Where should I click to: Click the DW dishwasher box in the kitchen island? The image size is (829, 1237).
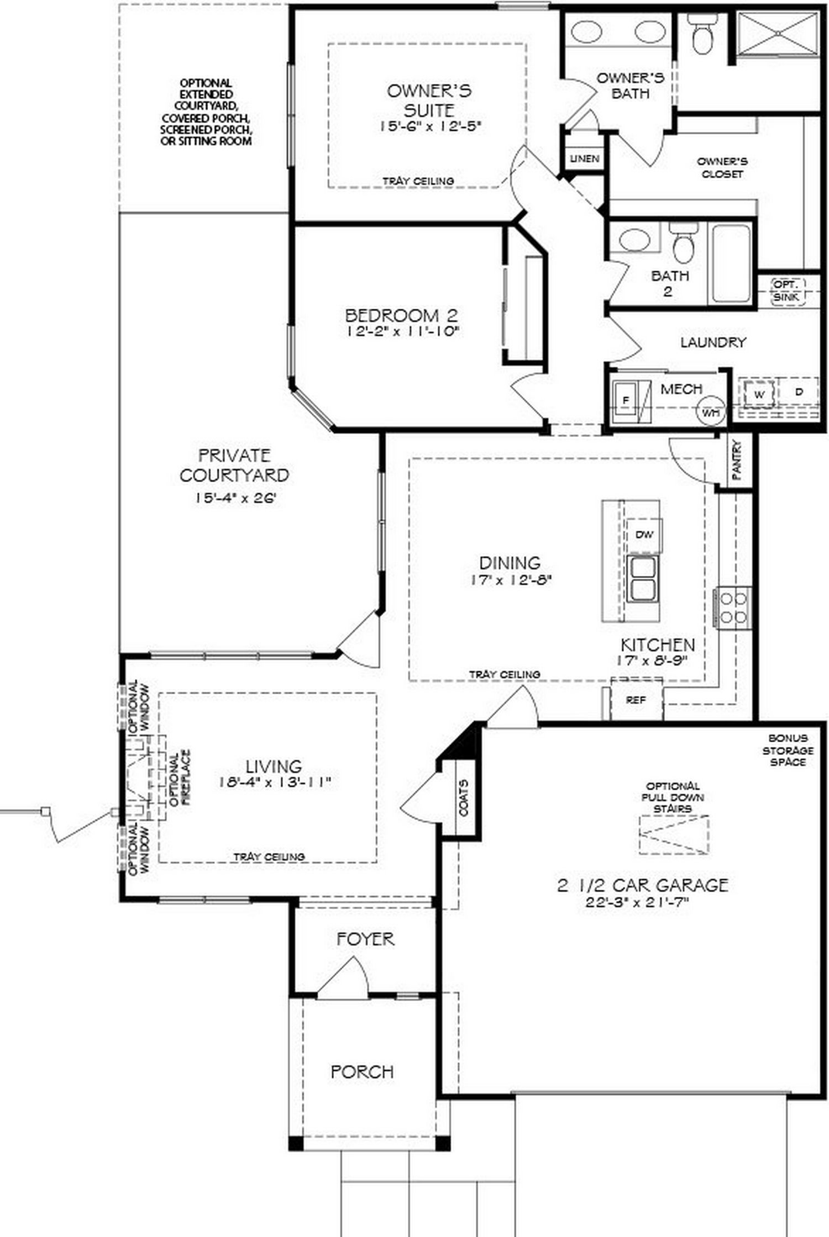coord(644,535)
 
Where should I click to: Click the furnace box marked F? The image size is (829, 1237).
coord(626,400)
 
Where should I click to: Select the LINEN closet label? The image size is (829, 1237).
coord(585,158)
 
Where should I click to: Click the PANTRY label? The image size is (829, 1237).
coord(737,459)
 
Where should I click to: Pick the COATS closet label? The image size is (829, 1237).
coord(463,797)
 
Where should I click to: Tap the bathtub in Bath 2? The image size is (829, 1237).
coord(731,263)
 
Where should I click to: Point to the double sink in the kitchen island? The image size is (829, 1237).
coord(642,578)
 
